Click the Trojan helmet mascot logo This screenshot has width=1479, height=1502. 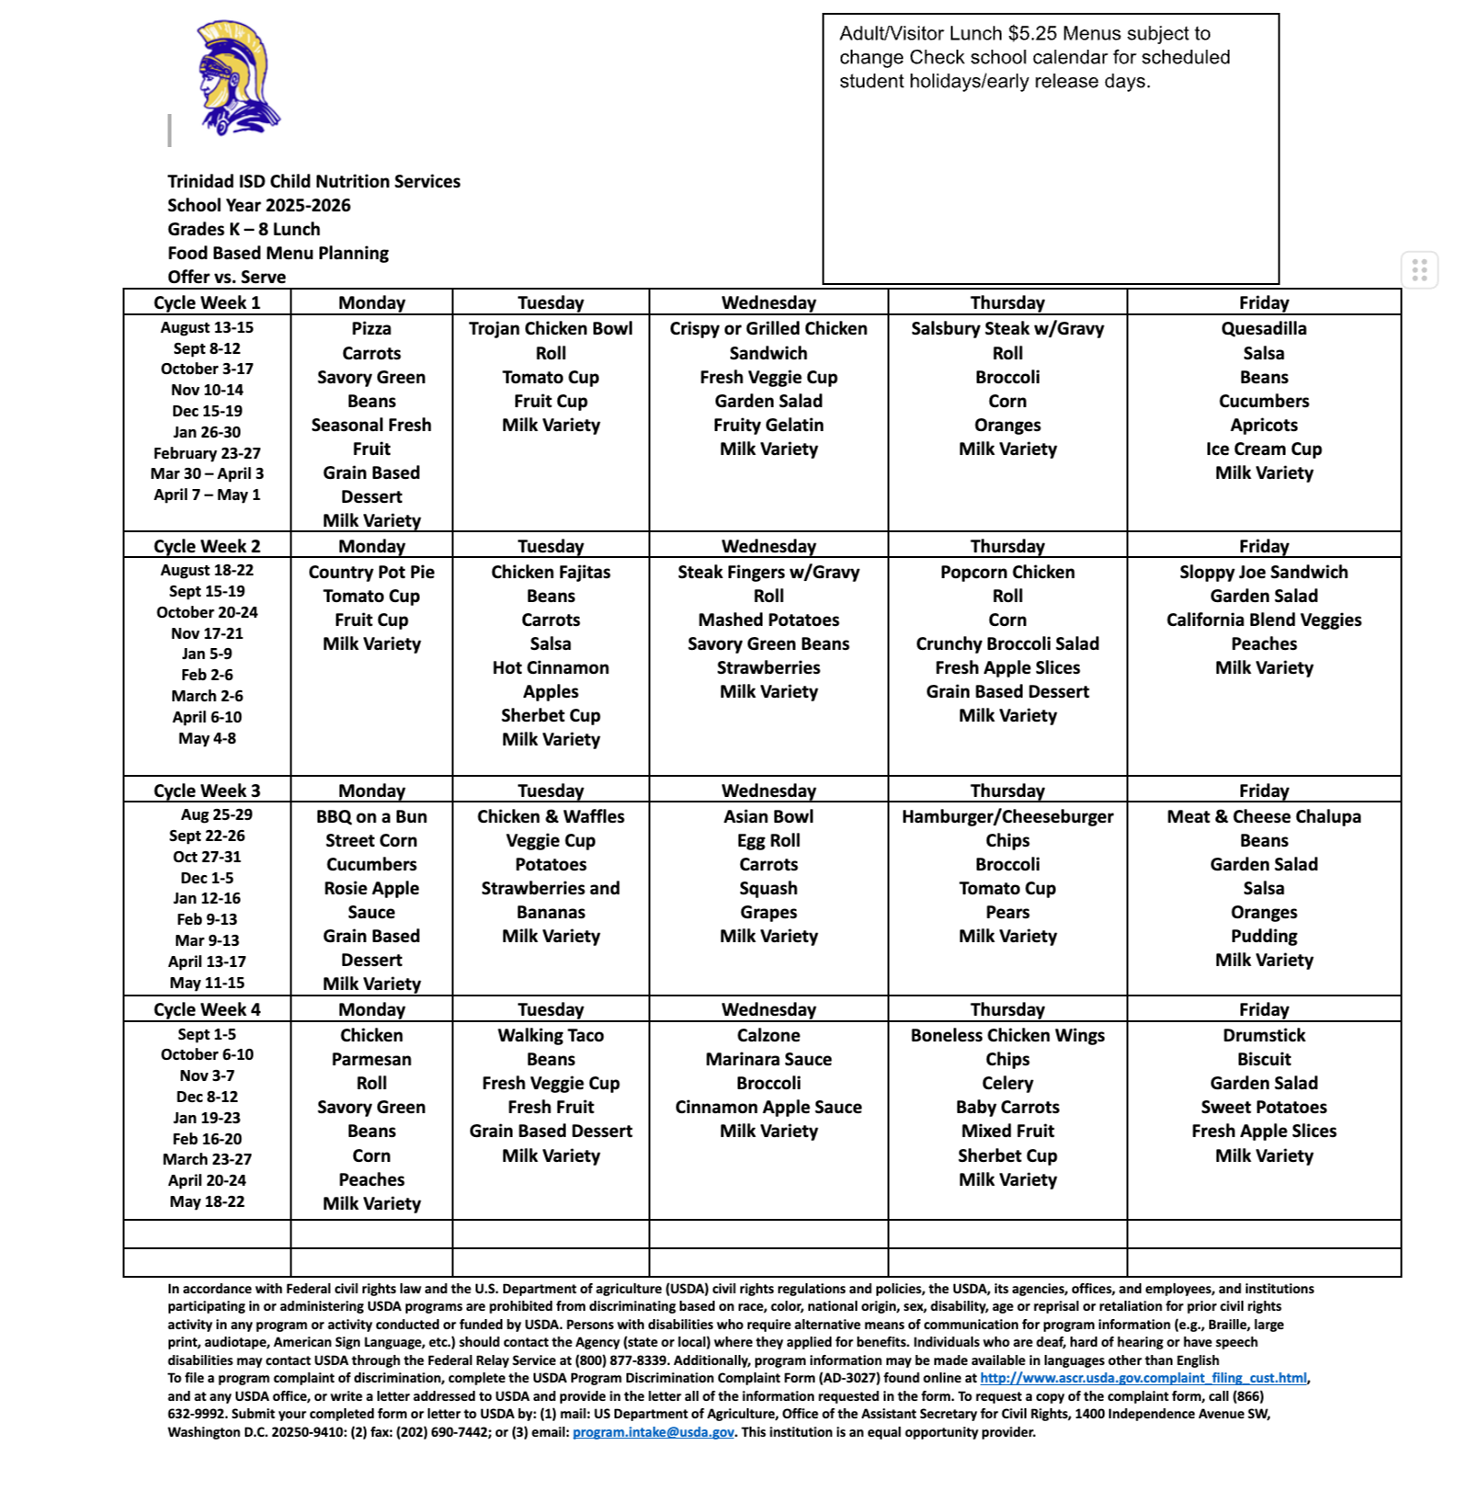[x=235, y=79]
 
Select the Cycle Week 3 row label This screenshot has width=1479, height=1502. [x=207, y=791]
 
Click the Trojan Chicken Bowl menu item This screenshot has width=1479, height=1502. [x=551, y=328]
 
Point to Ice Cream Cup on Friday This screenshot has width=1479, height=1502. [x=1263, y=449]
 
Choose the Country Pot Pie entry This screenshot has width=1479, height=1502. [x=371, y=572]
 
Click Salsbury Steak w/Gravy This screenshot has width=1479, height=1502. [x=1007, y=328]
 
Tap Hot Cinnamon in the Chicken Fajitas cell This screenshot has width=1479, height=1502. [x=551, y=667]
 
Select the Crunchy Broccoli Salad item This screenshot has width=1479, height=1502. [x=1007, y=643]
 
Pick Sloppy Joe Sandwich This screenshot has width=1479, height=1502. [x=1263, y=572]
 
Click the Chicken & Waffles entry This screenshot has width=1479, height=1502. [x=551, y=816]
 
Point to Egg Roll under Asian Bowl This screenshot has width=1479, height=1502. [x=768, y=840]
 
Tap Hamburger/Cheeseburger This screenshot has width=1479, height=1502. [x=1007, y=816]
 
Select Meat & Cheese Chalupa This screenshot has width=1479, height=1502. [x=1263, y=816]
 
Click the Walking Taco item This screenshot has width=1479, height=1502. [x=551, y=1035]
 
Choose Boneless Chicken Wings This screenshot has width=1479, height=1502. [x=1007, y=1035]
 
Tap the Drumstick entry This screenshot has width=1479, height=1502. [x=1263, y=1035]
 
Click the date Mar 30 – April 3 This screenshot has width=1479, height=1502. [x=207, y=473]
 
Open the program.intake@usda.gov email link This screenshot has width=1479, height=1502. [x=653, y=1432]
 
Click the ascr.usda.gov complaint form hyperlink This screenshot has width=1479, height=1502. [x=1143, y=1378]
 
